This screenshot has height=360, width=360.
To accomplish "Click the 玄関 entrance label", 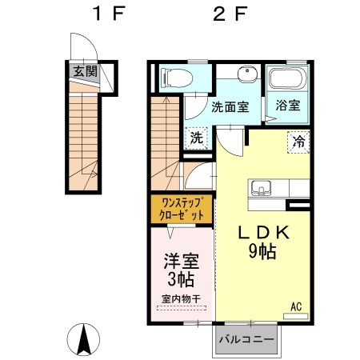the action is tap(85, 71).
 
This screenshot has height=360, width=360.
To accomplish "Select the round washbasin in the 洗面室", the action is tap(248, 74).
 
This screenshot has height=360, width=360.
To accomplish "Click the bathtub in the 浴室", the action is tap(288, 78).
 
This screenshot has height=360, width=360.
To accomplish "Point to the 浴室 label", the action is tap(288, 106).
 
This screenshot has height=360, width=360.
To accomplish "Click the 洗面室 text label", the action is tap(230, 107).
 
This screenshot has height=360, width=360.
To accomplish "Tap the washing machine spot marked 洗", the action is tap(197, 138).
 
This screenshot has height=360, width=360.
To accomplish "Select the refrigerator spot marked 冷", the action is tap(298, 142).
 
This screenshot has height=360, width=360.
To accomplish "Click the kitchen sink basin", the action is tap(261, 186).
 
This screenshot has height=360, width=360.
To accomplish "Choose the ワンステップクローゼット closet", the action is tap(182, 210).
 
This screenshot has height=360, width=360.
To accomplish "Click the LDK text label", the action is tap(263, 232).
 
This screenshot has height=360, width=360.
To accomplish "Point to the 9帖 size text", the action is tap(262, 251).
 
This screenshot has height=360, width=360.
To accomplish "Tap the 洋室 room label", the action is tap(182, 261).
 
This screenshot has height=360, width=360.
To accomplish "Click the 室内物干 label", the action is tap(181, 298).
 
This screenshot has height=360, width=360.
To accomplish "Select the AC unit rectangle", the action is tap(295, 316).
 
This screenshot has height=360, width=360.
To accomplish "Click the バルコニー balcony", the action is tap(246, 340).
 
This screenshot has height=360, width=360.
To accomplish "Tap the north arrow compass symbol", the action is tap(83, 339).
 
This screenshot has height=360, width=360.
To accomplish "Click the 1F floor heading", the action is tap(109, 14).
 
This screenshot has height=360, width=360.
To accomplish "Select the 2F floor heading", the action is tap(230, 14).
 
